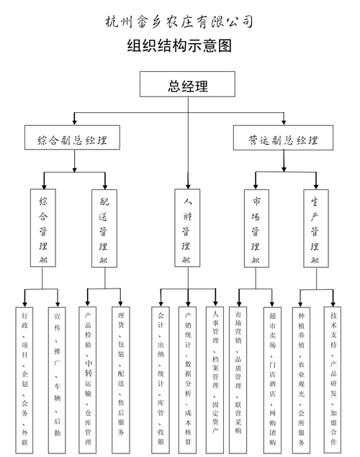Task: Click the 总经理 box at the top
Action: (x=187, y=84)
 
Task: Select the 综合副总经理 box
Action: (x=72, y=137)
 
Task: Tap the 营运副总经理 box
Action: (x=283, y=138)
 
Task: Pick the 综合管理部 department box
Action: (x=43, y=228)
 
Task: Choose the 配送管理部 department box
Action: (x=104, y=228)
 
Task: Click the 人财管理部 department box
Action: (x=187, y=228)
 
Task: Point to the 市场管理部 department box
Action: (x=256, y=228)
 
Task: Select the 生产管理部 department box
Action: (x=316, y=228)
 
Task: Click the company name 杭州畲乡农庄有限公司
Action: (x=179, y=22)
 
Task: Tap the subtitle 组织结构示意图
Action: (x=179, y=46)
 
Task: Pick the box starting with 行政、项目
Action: (x=24, y=380)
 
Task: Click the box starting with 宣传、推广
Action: (x=57, y=380)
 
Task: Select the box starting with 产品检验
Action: (x=88, y=380)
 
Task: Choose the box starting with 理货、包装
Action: (x=121, y=380)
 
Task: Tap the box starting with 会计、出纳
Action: (x=161, y=380)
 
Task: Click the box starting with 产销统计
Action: (x=187, y=380)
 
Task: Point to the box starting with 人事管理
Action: (x=215, y=380)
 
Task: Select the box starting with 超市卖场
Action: (x=273, y=380)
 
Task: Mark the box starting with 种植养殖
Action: (x=301, y=380)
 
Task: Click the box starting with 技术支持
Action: (x=333, y=380)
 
